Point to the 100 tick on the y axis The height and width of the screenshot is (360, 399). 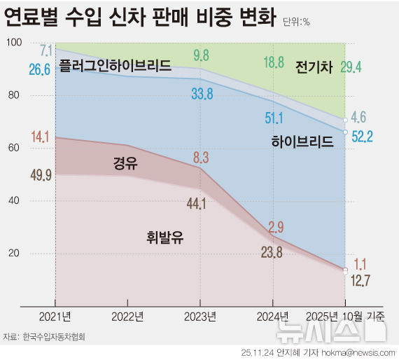click(13, 43)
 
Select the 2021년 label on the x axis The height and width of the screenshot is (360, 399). click(56, 316)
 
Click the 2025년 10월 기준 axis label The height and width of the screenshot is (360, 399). click(346, 316)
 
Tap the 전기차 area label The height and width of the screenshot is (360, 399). click(316, 67)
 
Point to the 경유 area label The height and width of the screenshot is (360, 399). click(125, 164)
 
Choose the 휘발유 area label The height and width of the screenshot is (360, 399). click(165, 237)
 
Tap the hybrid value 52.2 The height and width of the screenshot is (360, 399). click(360, 136)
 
